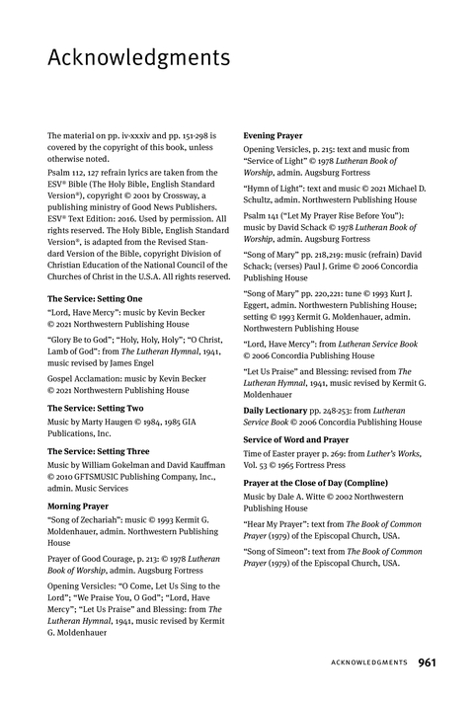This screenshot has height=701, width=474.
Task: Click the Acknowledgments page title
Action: [138, 58]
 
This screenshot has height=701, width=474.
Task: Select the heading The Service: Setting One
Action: [95, 298]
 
